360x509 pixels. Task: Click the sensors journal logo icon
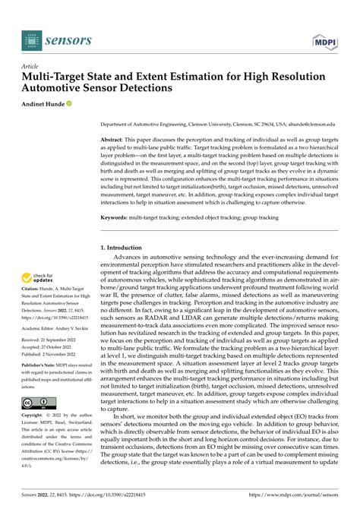point(33,39)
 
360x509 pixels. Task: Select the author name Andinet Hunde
point(46,103)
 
